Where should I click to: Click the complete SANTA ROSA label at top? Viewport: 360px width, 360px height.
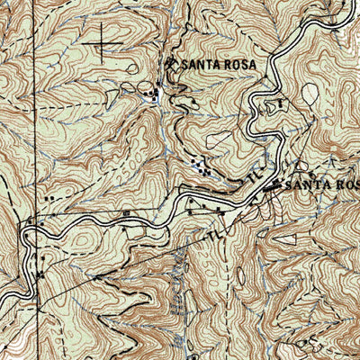coord(220,65)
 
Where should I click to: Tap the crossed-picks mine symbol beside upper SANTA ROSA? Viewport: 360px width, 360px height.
coord(172,64)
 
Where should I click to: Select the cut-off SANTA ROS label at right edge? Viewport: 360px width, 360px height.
coord(321,184)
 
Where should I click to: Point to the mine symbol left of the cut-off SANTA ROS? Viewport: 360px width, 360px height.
coord(276,184)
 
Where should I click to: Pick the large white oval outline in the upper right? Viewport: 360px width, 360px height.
coord(310,93)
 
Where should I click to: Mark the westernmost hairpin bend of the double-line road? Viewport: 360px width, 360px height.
coord(27,236)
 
